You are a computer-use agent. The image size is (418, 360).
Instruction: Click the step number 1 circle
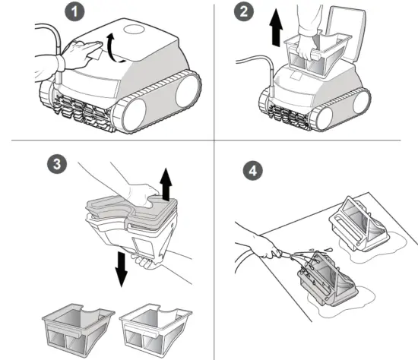(74, 12)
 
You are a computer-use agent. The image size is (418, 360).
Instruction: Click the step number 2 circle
(244, 11)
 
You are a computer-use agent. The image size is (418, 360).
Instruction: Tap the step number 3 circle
(57, 163)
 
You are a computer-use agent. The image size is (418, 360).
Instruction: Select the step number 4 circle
(253, 171)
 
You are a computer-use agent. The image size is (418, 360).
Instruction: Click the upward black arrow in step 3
(166, 185)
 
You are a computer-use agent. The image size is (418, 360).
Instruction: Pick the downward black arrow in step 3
(122, 269)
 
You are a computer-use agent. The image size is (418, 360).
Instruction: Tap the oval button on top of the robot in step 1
(135, 29)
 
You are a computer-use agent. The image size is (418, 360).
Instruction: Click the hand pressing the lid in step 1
(80, 55)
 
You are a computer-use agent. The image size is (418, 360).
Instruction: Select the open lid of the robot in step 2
(347, 32)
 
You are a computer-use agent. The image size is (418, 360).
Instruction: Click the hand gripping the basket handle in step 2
(307, 43)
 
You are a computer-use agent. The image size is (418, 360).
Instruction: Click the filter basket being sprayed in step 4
(327, 279)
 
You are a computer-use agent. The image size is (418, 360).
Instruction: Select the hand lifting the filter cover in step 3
(141, 194)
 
